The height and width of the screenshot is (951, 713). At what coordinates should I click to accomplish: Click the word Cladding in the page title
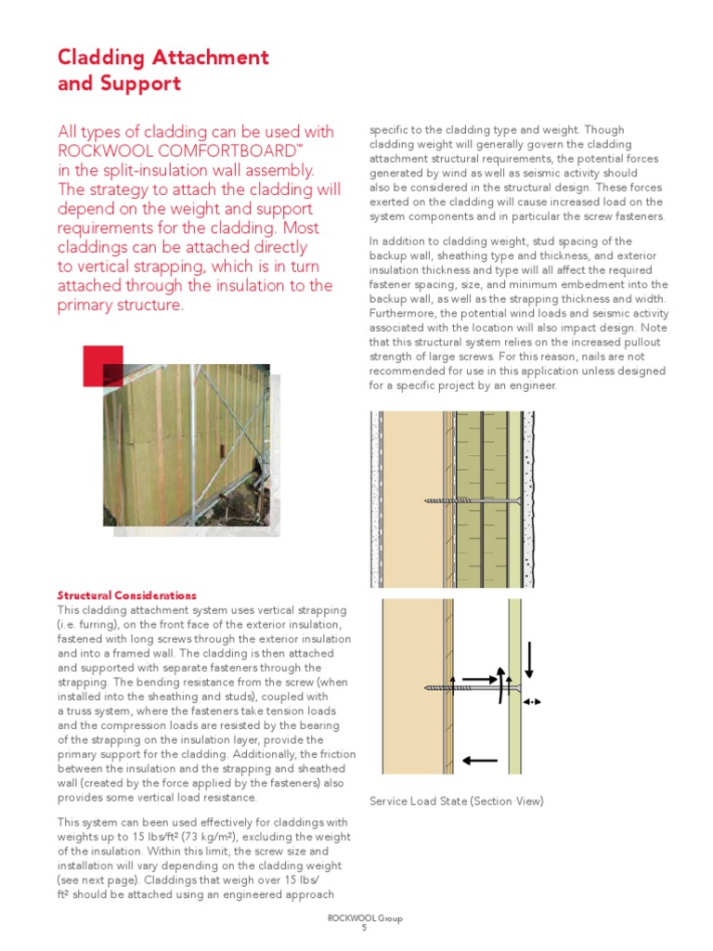click(x=97, y=58)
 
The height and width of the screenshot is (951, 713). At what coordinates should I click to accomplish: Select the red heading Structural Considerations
click(x=126, y=595)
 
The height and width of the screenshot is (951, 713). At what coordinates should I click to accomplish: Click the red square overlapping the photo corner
click(x=102, y=365)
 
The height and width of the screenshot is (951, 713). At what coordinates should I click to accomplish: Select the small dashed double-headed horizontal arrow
click(x=533, y=703)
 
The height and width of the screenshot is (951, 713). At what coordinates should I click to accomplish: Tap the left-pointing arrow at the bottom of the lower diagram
click(x=479, y=761)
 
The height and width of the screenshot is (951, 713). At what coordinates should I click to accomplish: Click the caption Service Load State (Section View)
click(x=456, y=801)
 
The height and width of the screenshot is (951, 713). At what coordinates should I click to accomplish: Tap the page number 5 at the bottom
click(x=364, y=928)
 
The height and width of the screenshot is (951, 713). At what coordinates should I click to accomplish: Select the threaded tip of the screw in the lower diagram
click(x=435, y=688)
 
